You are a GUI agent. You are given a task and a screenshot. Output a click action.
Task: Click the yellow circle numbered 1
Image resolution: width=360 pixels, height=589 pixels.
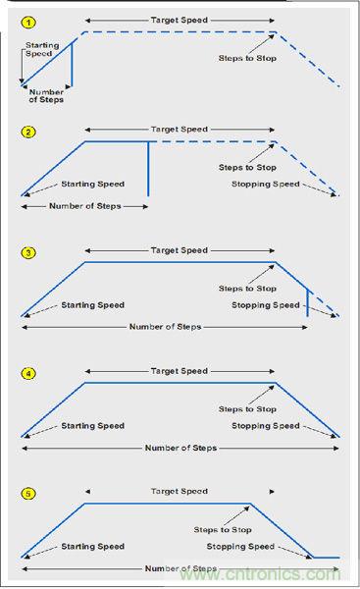[x=28, y=23]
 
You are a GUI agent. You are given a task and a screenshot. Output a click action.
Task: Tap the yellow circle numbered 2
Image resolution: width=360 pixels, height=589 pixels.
[x=28, y=132]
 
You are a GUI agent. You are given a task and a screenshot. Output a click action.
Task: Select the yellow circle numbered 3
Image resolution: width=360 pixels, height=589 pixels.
[x=28, y=252]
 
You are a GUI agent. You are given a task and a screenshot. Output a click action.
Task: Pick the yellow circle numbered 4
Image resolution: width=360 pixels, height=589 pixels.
[x=28, y=373]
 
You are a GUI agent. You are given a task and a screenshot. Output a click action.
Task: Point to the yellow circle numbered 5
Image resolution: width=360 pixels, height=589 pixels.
[x=28, y=494]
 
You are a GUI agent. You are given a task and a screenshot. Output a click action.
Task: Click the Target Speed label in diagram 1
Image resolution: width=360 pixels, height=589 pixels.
[x=180, y=20]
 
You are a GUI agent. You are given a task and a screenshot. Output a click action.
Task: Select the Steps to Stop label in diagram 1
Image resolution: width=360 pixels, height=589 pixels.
[x=247, y=58]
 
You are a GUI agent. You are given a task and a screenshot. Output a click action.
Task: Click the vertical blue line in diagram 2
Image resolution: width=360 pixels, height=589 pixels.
[x=148, y=169]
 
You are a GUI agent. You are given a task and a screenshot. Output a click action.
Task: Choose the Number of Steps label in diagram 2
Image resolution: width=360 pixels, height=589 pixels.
[x=85, y=206]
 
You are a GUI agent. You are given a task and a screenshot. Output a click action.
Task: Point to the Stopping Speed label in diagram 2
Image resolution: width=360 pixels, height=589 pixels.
[x=266, y=185]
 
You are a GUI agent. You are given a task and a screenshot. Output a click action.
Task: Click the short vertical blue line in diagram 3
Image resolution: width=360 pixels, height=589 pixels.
[x=308, y=302]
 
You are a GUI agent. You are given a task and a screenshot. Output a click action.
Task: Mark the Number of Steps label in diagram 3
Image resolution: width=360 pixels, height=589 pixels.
[x=165, y=327]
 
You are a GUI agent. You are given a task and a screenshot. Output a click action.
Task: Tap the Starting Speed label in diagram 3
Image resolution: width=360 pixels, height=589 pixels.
[x=93, y=305]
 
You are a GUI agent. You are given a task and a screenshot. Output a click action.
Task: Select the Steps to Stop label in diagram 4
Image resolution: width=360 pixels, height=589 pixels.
[x=247, y=409]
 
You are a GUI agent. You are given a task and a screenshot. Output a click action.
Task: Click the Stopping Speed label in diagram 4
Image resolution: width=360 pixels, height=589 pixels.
[x=266, y=426]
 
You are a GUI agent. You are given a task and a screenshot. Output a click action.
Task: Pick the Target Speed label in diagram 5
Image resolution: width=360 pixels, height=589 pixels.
[x=180, y=492]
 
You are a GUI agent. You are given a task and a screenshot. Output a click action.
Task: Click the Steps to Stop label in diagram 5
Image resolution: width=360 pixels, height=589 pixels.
[x=223, y=530]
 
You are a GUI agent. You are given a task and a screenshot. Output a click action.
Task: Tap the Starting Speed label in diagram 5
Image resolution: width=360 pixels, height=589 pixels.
[x=93, y=547]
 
